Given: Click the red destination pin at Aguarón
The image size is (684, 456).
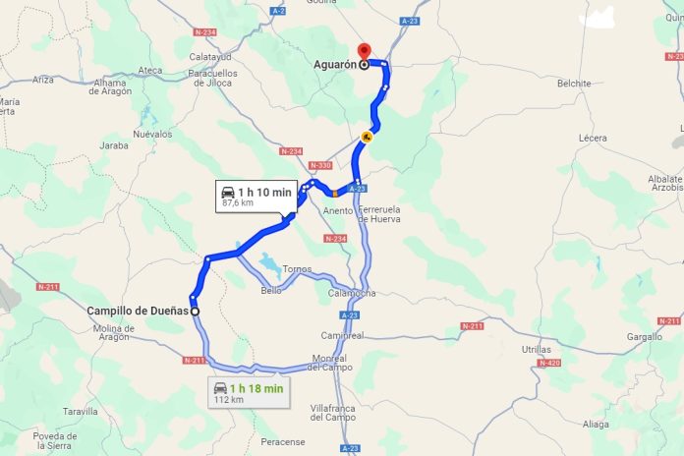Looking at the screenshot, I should coord(363,51).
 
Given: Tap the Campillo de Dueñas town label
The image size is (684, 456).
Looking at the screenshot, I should coord(137,311).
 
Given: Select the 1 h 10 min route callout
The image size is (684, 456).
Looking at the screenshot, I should coord(256,196).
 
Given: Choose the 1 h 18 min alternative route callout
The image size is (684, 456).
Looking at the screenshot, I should coord(249,392).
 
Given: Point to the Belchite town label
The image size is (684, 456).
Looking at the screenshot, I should coord(573,84).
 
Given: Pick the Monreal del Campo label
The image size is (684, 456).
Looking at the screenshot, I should coord(328,362).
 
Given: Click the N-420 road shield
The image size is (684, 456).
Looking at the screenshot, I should coord(547,363).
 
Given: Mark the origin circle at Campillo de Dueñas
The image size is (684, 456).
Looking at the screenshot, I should coord(195,311).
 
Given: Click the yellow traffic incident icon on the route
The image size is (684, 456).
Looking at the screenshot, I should coord(367,138).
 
